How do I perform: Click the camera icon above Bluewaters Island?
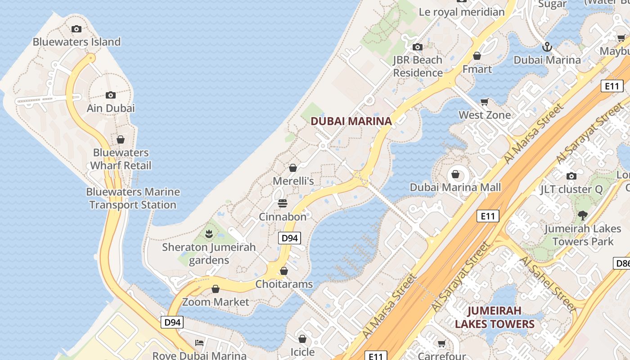[x=76, y=29]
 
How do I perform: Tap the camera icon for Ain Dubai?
[x=111, y=95]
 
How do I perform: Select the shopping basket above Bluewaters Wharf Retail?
[x=120, y=139]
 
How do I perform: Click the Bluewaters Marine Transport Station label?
[x=133, y=198]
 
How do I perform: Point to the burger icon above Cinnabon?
[x=283, y=203]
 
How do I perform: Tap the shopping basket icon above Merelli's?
[x=293, y=168]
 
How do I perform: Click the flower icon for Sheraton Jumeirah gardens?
[x=209, y=234]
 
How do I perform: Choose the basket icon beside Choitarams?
[x=284, y=271]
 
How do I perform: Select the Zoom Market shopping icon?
[x=216, y=289]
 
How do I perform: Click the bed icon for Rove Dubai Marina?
[x=199, y=343]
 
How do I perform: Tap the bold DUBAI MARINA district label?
[x=351, y=121]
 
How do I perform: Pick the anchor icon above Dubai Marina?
[x=547, y=46]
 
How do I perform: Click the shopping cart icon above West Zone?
[x=485, y=102]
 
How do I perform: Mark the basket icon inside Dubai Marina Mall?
[x=455, y=174]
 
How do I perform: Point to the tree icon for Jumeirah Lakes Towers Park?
[x=583, y=216]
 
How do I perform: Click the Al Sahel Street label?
[x=547, y=285]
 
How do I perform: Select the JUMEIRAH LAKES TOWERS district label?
[x=495, y=317]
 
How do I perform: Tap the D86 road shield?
[x=621, y=263]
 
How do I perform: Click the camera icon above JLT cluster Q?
[x=571, y=176]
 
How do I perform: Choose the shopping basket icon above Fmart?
[x=477, y=56]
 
